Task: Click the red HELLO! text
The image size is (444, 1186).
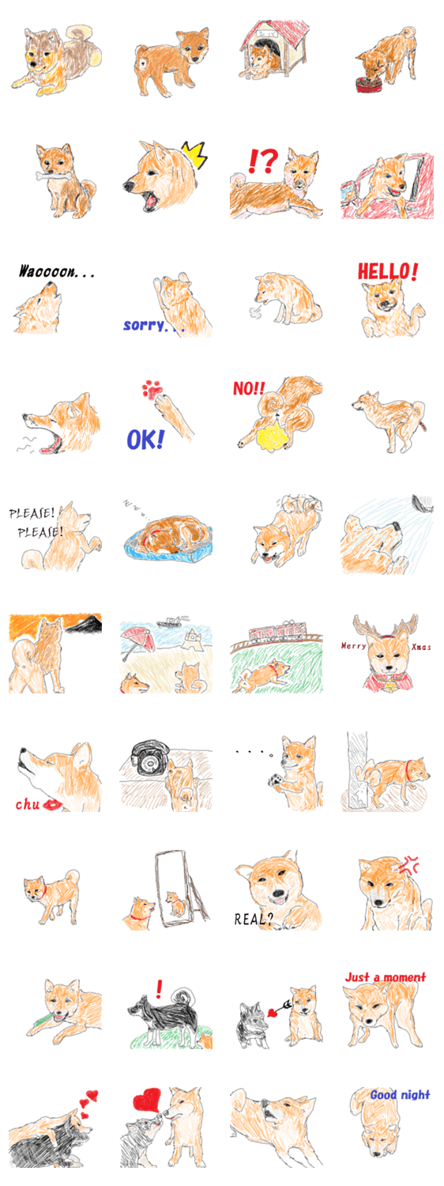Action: (388, 271)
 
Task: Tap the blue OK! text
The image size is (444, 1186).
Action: (145, 439)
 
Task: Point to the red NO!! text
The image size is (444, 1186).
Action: (249, 389)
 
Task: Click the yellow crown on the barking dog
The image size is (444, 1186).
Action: (194, 154)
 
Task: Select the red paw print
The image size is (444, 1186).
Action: (152, 389)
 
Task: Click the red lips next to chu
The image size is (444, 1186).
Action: (53, 804)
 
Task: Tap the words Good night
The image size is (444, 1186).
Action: (400, 1094)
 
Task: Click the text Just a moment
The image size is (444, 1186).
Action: (386, 976)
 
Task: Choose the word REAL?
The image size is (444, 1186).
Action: (254, 919)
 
